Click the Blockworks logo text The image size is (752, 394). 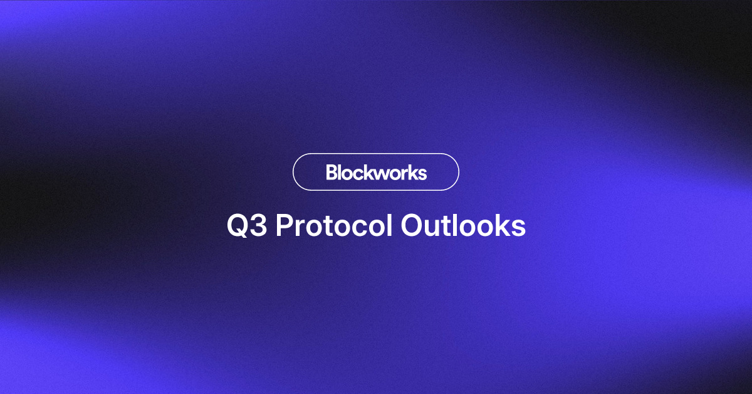(376, 172)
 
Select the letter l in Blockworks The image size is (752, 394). (341, 172)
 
